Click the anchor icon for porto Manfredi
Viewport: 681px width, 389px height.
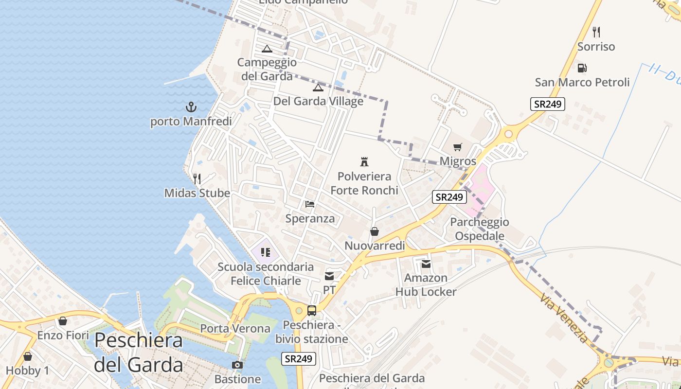coord(191,106)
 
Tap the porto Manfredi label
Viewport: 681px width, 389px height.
coord(191,121)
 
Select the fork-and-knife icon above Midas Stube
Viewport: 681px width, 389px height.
coord(197,178)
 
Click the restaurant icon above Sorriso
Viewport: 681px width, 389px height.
coord(596,32)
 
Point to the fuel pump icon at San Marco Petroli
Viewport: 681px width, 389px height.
coord(582,68)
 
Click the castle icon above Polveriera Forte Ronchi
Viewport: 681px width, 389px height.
coord(364,161)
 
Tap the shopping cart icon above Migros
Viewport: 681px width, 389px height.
coord(457,147)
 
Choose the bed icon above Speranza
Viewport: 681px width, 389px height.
coord(310,204)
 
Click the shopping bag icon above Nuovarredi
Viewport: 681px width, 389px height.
coord(375,231)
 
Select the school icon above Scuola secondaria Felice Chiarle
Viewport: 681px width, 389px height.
coord(265,252)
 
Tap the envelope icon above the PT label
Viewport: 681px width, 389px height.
coord(329,276)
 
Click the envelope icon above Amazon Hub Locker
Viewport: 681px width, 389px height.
coord(426,264)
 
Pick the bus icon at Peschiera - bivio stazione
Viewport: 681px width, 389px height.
coord(312,310)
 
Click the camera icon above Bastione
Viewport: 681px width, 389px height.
coord(237,365)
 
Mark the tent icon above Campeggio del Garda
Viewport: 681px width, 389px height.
coord(267,48)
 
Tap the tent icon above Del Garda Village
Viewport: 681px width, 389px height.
coord(318,87)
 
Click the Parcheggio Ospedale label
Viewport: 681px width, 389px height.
coord(480,229)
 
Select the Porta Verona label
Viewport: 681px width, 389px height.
coord(235,328)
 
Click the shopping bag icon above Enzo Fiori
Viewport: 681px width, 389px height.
coord(63,321)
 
